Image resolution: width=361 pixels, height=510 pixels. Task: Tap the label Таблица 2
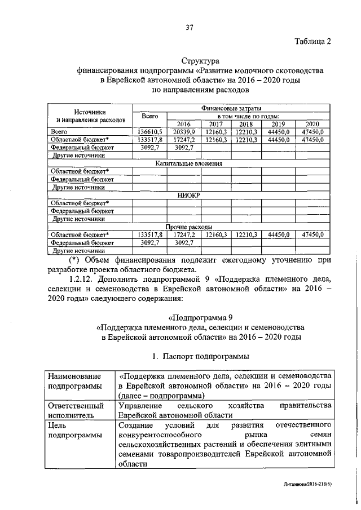(x=312, y=41)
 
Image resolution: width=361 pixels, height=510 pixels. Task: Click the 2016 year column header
(x=184, y=124)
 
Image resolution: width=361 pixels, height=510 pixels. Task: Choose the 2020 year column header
(x=311, y=124)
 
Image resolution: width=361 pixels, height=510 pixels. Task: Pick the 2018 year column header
(x=245, y=124)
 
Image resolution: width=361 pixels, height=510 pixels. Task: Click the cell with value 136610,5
(x=149, y=131)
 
